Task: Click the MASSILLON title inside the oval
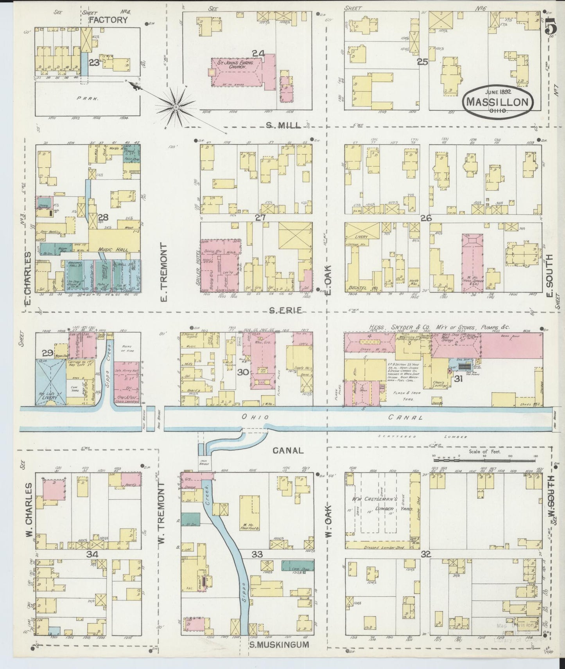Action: [498, 103]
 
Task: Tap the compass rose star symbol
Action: [176, 106]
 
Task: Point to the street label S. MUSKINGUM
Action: [279, 644]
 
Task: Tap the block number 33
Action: [257, 554]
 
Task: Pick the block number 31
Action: [458, 378]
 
